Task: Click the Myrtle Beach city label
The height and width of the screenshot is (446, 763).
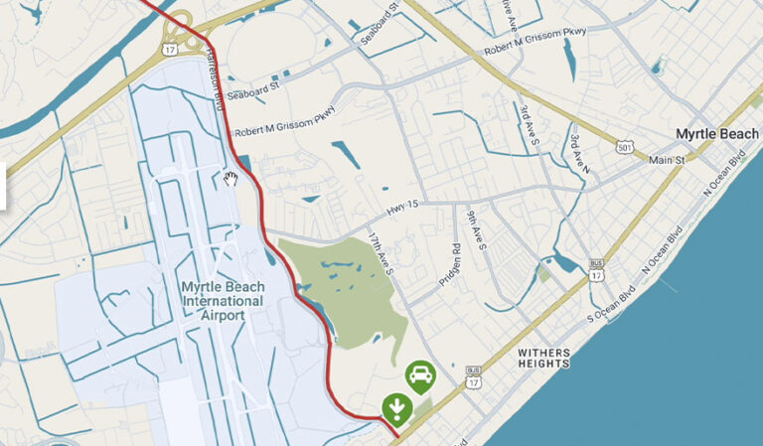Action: (717, 133)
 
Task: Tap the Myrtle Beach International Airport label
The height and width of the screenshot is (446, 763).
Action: (223, 301)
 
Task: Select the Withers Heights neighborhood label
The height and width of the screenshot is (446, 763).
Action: (544, 359)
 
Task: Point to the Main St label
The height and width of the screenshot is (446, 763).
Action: (667, 159)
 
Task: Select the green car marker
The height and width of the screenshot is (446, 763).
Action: (420, 374)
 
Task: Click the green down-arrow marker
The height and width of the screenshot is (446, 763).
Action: (396, 406)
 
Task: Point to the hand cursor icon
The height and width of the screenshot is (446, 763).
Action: (231, 178)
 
